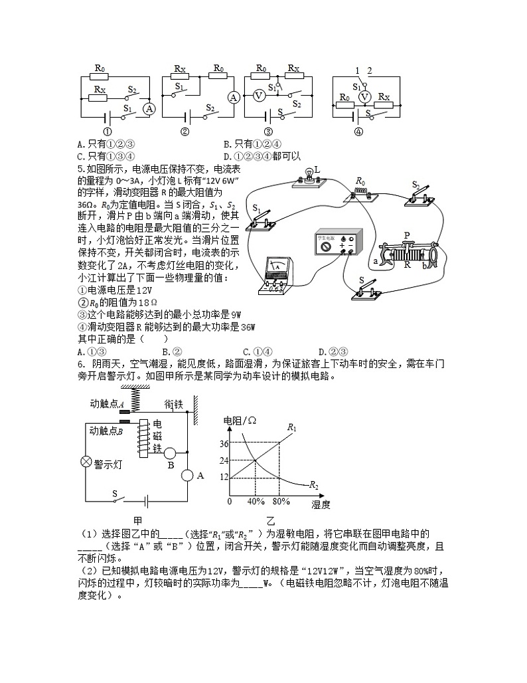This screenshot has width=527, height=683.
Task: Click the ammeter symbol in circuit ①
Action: pos(149,108)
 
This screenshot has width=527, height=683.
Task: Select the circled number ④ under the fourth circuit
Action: pos(358,131)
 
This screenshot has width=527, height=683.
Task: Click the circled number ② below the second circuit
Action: pos(185,131)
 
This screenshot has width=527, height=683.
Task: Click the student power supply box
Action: pos(339,244)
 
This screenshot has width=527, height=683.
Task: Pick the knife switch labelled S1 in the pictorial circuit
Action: pos(260,220)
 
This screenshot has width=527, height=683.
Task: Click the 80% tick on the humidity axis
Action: pos(281,501)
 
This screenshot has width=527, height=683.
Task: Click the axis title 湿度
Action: pos(321,504)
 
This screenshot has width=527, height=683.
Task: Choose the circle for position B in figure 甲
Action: pos(170,453)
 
